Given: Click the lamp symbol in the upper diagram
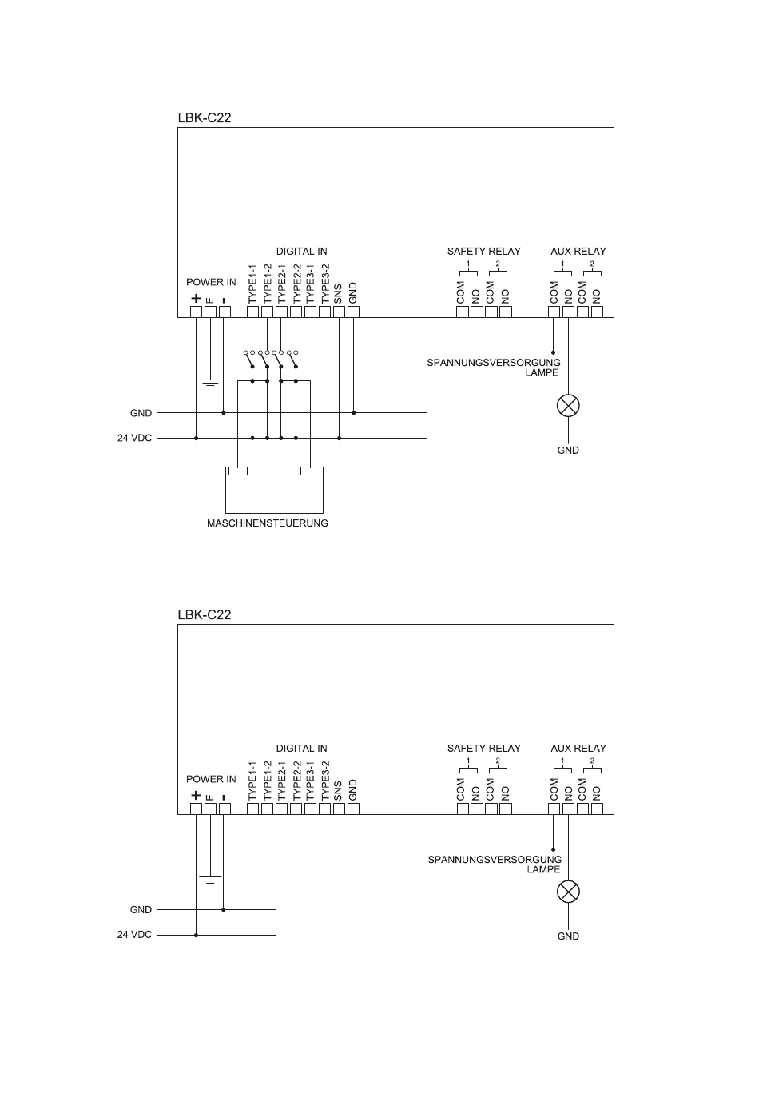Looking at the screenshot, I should click(568, 406).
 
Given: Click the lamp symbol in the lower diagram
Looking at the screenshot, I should click(568, 892).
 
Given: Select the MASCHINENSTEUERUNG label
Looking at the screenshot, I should click(268, 523).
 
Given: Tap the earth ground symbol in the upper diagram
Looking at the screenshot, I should click(210, 383).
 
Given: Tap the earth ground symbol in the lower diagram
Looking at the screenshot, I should click(210, 880).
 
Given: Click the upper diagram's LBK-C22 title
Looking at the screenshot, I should click(204, 117).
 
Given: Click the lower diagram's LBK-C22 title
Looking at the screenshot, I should click(204, 614).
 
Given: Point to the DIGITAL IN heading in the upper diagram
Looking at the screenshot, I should click(301, 251).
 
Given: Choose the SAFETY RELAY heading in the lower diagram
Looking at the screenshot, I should click(483, 749).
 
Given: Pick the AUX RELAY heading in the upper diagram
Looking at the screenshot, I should click(578, 251).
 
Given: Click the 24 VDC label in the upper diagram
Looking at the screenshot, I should click(135, 438).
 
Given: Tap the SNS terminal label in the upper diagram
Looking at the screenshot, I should click(339, 294).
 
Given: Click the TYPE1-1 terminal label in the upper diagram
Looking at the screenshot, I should click(252, 284).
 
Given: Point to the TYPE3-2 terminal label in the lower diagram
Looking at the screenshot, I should click(324, 781).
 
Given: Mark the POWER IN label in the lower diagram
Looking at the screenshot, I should click(211, 779).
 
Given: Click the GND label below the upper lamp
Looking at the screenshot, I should click(568, 450).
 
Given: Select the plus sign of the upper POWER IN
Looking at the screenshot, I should click(196, 299).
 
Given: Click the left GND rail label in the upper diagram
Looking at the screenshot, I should click(141, 413).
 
